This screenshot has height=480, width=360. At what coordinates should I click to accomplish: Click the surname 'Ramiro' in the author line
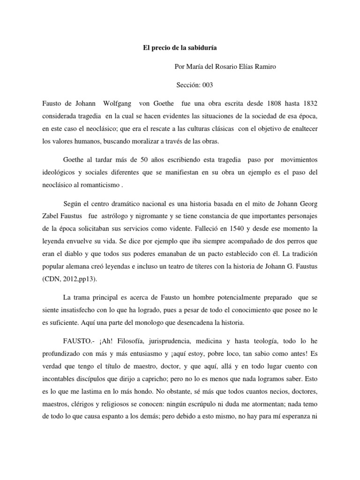point(264,67)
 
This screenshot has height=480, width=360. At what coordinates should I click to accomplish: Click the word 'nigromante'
point(142,217)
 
